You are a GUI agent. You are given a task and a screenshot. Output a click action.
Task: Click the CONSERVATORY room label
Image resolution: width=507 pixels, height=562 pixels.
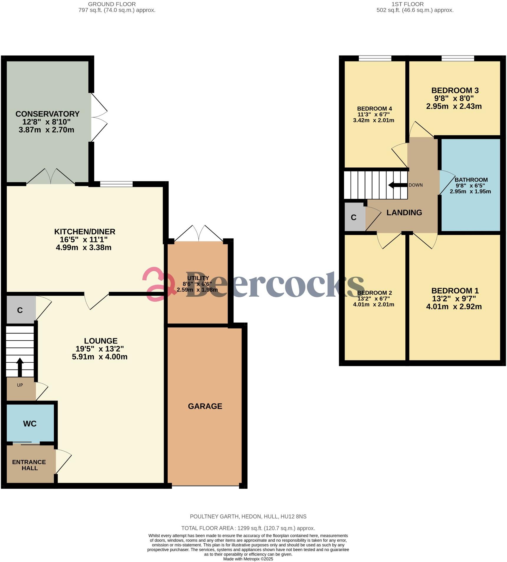(x=47, y=114)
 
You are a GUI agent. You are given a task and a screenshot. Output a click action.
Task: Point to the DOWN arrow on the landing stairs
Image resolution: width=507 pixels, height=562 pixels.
(x=398, y=185)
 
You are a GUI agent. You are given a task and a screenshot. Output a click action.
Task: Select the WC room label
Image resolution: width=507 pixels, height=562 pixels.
(x=30, y=424)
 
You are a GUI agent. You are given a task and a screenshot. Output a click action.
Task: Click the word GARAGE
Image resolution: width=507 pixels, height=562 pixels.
(x=205, y=406)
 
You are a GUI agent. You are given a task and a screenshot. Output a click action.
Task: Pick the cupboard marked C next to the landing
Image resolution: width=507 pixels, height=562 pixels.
(x=354, y=218)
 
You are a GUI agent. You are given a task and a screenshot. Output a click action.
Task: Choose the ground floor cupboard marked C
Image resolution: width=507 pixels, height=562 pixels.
(x=20, y=310)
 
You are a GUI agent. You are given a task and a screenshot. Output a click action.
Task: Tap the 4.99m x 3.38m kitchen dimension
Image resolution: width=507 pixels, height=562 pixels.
(x=83, y=247)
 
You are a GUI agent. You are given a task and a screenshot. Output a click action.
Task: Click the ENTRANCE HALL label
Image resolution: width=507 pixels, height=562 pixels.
(x=29, y=465)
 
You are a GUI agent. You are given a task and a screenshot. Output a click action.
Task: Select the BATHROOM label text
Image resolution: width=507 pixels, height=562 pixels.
(x=471, y=180)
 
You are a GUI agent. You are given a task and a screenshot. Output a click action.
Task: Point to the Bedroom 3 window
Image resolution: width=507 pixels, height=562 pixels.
(x=457, y=58)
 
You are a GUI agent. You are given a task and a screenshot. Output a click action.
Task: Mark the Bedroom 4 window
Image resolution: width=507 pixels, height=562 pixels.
(x=375, y=58)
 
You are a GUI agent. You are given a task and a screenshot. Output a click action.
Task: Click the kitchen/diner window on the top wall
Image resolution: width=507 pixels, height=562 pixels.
(x=116, y=184)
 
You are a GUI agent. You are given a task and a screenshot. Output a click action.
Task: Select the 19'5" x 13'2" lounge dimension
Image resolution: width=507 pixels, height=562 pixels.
(x=100, y=349)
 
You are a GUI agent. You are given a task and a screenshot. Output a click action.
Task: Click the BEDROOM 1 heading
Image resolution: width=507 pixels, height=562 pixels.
(x=455, y=291)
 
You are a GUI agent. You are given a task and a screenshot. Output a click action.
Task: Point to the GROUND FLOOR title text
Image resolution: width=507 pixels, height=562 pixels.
(x=112, y=4)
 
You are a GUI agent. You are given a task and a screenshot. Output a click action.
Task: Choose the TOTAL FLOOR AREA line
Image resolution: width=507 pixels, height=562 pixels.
(x=248, y=528)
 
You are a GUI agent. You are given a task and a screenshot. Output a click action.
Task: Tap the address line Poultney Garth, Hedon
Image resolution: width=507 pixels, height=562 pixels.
(x=248, y=517)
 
